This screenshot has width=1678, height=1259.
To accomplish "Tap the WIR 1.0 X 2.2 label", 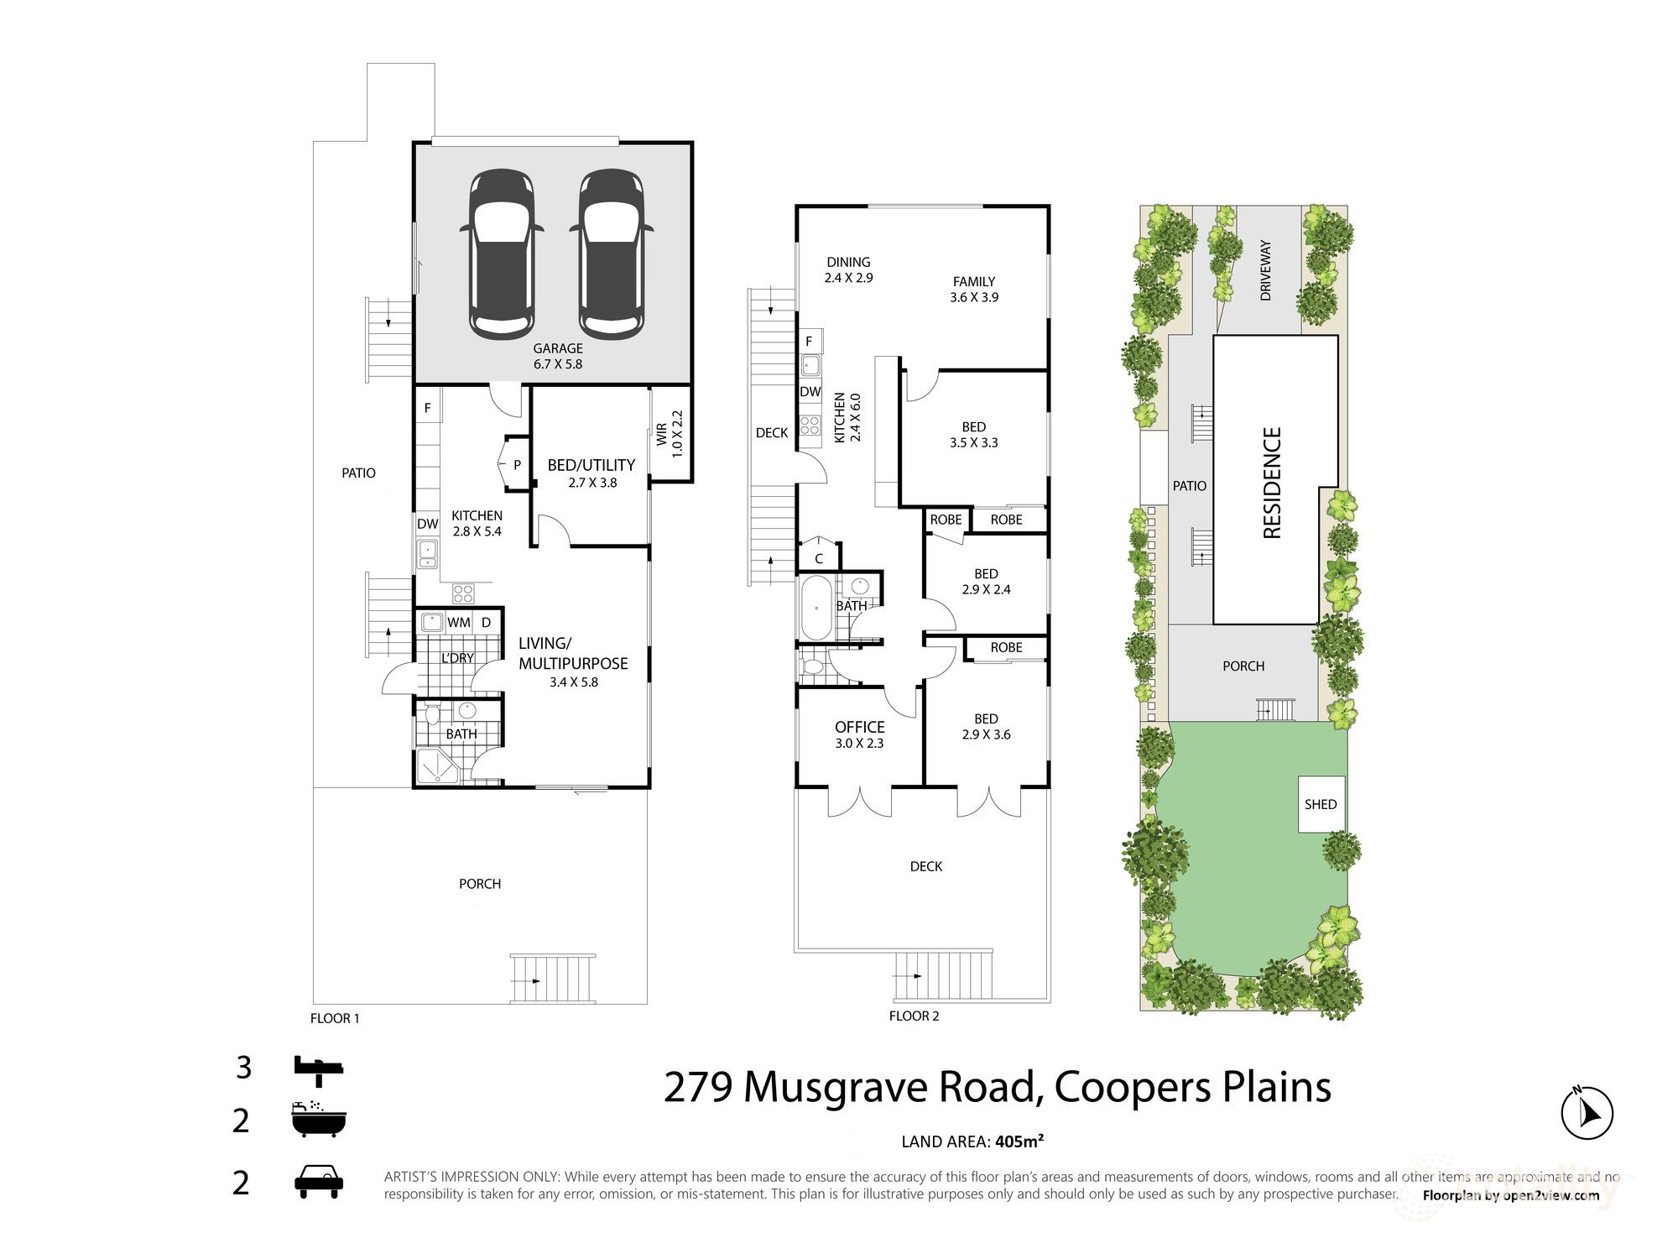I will click(x=670, y=433).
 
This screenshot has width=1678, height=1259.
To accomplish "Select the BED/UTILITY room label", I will click(x=591, y=465).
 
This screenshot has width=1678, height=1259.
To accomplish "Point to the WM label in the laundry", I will click(x=458, y=623).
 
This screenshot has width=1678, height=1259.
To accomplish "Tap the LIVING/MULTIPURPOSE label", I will click(x=573, y=653).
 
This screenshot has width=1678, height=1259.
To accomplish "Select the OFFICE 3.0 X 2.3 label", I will click(x=859, y=734).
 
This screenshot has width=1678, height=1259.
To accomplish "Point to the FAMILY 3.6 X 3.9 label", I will click(x=973, y=290).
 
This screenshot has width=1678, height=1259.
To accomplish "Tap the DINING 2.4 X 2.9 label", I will click(x=848, y=269).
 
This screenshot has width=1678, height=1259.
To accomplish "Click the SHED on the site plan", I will click(x=1320, y=804).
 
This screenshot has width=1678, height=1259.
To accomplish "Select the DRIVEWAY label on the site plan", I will click(x=1265, y=270).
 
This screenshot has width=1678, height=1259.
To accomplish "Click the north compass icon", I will click(x=1587, y=1113).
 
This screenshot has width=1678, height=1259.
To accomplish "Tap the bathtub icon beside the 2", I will click(x=318, y=1120).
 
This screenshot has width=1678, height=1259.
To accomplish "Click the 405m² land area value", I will click(x=1019, y=1141).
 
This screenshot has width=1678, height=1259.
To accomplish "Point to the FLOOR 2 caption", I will click(x=914, y=1016).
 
